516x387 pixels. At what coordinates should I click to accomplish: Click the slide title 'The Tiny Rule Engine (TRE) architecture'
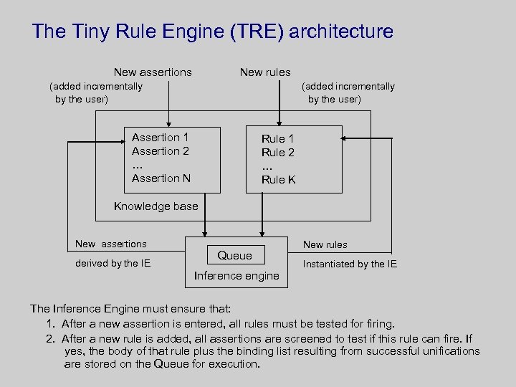(212, 32)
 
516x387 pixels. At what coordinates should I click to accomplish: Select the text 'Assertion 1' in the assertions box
(160, 137)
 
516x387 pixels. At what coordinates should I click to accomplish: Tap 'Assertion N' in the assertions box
(161, 178)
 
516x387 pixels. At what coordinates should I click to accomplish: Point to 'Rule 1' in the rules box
(277, 138)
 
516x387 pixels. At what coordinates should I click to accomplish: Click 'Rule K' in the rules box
(278, 180)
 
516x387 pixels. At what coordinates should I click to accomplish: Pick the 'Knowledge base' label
(156, 206)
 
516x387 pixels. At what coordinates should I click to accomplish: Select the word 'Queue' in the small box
(234, 255)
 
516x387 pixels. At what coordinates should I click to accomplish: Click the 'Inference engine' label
(236, 276)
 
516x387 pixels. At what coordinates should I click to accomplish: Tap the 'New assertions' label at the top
(153, 72)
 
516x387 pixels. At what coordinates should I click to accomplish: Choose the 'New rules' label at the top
(265, 72)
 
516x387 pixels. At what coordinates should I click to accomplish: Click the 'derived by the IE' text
(113, 263)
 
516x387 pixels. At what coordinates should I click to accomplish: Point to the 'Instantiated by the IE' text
(350, 264)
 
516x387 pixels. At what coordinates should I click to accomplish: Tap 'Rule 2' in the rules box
(277, 152)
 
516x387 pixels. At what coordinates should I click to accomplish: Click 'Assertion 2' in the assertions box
(160, 150)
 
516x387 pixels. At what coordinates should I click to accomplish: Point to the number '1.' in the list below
(51, 324)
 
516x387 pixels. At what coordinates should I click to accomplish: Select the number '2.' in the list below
(51, 338)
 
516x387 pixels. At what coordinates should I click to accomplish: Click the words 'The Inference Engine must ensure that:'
(130, 309)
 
